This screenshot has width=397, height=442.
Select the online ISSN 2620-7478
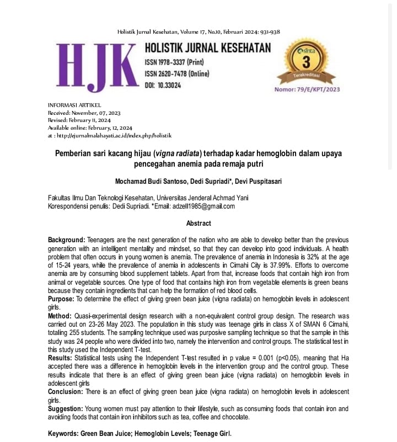tap(182, 73)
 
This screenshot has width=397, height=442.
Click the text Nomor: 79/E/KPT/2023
tap(307, 89)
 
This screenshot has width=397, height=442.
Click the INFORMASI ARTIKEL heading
tap(74, 105)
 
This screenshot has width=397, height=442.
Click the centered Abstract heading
tap(198, 223)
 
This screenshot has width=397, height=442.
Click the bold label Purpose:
tap(61, 299)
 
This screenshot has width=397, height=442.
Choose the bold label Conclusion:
tap(65, 391)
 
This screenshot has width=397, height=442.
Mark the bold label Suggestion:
tap(65, 409)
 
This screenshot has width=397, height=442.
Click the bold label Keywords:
tap(63, 434)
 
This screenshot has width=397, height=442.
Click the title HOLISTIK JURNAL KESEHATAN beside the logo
tap(208, 48)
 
